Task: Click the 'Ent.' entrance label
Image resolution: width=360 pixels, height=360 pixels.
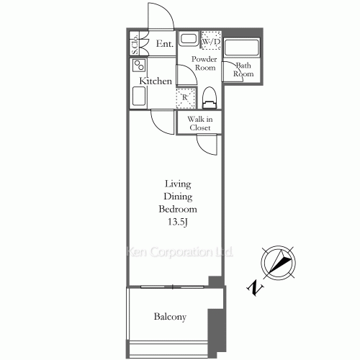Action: [164, 44]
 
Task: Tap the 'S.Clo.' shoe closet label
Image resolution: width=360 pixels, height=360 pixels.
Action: [135, 44]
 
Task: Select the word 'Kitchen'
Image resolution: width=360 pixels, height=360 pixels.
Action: [156, 81]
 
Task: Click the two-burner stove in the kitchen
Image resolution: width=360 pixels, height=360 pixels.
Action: [137, 66]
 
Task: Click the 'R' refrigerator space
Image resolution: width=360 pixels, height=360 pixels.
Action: [185, 96]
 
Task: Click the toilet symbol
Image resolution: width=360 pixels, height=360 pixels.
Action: [210, 96]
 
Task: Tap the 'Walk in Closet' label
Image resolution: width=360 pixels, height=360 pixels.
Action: [199, 123]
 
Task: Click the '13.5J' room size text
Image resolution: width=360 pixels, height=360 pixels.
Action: [178, 222]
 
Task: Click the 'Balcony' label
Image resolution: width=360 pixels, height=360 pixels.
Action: [170, 317]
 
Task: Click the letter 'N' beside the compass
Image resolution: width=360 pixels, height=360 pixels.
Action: [253, 288]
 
